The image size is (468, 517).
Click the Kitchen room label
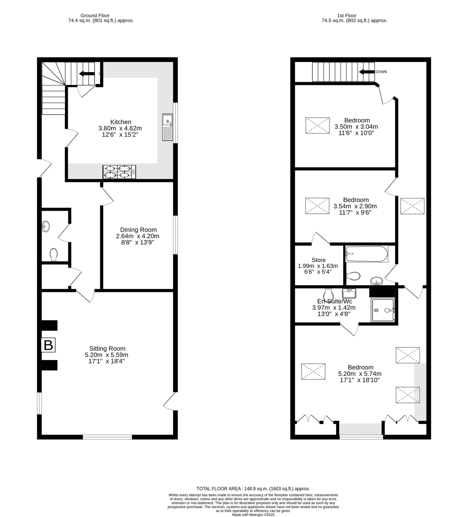coord(121,122)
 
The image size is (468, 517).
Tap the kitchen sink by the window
coord(167,127)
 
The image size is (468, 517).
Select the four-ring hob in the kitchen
coord(119,172)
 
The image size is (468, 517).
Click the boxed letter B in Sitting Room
coord(48,345)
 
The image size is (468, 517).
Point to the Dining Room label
coord(138,230)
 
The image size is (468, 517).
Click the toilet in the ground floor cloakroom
coord(54,254)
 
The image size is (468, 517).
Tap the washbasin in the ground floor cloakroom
coord(46,226)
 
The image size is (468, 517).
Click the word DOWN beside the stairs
coord(381,72)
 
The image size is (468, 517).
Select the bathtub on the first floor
coord(367,254)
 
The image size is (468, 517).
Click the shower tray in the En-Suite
coord(383,310)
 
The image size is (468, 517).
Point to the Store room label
coord(319,260)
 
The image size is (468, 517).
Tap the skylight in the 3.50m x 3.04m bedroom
coord(317,125)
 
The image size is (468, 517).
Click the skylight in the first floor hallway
coord(412,206)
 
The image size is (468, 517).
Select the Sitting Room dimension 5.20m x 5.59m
coord(107,355)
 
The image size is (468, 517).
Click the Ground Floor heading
coord(95,16)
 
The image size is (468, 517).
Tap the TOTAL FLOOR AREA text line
coord(253,496)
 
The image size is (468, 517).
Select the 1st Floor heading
coord(347,16)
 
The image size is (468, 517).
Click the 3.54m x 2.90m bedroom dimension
coord(355,206)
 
